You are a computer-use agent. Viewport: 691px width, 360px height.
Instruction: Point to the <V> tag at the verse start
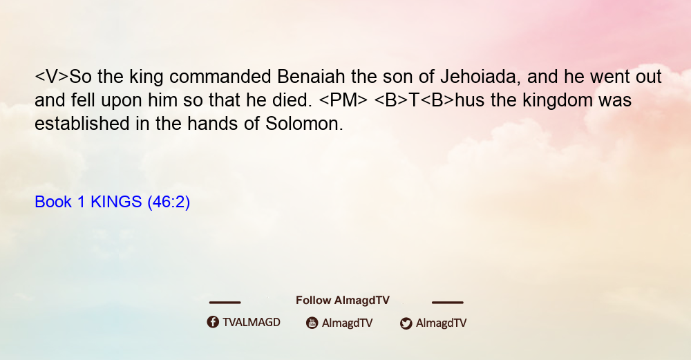click(52, 77)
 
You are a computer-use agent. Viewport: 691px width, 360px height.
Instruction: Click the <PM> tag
click(343, 100)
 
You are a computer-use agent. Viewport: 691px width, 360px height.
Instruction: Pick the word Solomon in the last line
click(303, 124)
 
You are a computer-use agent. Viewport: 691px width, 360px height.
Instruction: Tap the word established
click(82, 124)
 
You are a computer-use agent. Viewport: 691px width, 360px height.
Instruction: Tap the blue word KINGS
click(116, 202)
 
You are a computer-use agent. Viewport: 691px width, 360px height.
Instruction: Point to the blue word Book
click(53, 202)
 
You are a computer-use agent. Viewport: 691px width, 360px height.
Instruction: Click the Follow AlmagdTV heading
click(343, 301)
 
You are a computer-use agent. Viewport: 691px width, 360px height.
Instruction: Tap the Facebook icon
click(213, 322)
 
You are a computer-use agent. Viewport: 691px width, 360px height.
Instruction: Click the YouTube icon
click(312, 323)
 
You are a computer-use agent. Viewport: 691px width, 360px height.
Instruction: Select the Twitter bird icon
click(406, 323)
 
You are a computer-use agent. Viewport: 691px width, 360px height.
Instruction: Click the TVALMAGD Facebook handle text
click(252, 323)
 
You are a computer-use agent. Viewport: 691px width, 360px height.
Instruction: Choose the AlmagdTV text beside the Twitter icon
click(441, 323)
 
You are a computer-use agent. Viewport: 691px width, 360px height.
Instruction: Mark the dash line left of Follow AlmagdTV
click(225, 302)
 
